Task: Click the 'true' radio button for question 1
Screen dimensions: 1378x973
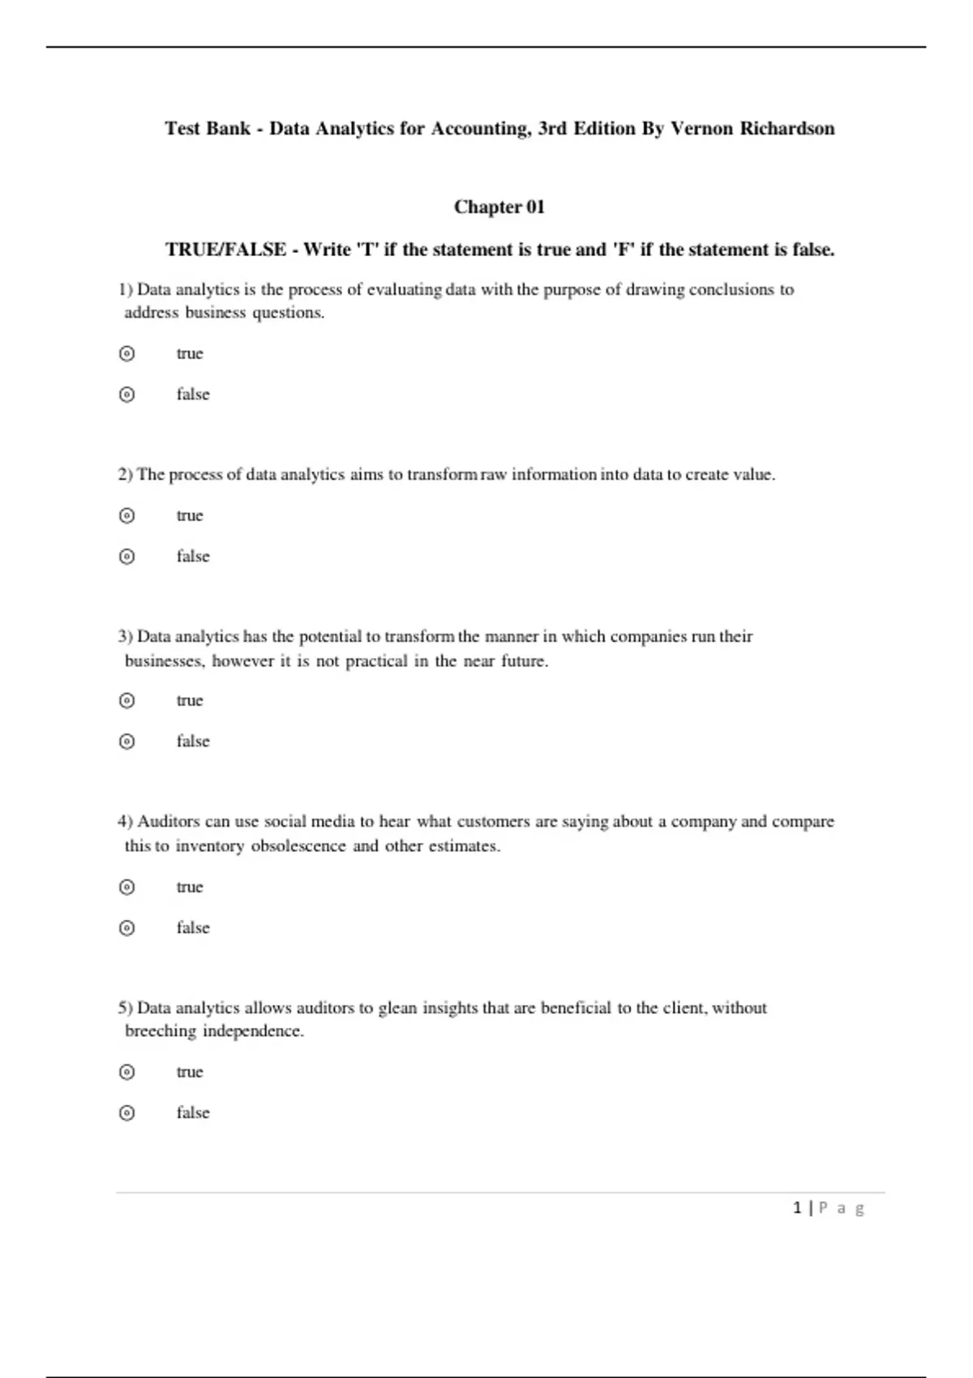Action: pyautogui.click(x=126, y=353)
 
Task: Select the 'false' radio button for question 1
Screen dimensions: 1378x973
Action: pyautogui.click(x=126, y=395)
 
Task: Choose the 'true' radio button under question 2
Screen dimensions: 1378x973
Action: pyautogui.click(x=126, y=516)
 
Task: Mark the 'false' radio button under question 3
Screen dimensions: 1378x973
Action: pyautogui.click(x=126, y=742)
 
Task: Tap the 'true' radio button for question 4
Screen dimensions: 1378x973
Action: pyautogui.click(x=126, y=887)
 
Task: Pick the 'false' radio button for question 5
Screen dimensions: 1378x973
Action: pyautogui.click(x=126, y=1113)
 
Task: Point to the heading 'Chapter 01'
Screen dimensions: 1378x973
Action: pyautogui.click(x=499, y=208)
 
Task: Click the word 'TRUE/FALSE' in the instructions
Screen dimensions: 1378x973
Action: pyautogui.click(x=225, y=250)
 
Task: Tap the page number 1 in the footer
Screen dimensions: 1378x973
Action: pyautogui.click(x=797, y=1208)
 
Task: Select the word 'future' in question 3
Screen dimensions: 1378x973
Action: pyautogui.click(x=523, y=661)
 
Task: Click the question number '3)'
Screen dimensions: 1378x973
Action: pyautogui.click(x=125, y=636)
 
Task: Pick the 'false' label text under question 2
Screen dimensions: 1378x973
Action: pyautogui.click(x=193, y=557)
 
